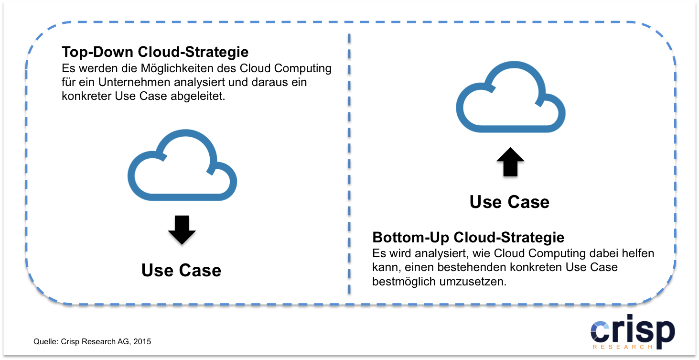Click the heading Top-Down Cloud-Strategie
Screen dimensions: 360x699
click(155, 52)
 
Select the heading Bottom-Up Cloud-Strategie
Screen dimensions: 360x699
click(468, 237)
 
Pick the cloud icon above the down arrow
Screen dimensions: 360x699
click(183, 167)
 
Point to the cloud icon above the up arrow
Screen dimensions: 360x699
click(511, 98)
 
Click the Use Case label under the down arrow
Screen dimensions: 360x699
click(181, 271)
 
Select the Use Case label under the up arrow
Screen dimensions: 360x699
click(509, 202)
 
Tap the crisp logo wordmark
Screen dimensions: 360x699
click(633, 330)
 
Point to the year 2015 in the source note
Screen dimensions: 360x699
click(142, 342)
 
